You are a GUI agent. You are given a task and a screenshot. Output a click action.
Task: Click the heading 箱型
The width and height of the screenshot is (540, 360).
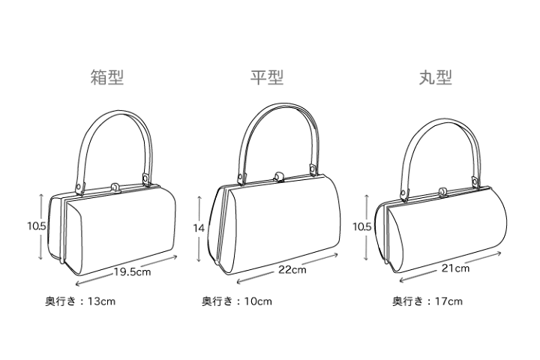(107, 77)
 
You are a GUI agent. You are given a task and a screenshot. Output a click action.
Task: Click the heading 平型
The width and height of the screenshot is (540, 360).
(267, 77)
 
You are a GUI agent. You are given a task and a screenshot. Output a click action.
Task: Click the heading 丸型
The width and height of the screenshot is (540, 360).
(435, 77)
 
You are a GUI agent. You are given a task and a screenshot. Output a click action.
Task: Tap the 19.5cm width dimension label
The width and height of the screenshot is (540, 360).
(133, 271)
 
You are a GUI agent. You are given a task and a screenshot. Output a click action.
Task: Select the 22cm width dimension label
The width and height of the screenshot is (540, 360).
(292, 269)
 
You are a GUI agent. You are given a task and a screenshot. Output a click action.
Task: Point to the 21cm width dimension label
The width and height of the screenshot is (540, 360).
(455, 268)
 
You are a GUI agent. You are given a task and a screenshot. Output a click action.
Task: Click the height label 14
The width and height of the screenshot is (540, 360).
(199, 228)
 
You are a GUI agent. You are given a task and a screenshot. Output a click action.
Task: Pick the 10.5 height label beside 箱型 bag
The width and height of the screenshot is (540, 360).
(37, 226)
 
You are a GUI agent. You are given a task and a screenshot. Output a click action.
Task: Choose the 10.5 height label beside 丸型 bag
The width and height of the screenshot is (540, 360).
(362, 226)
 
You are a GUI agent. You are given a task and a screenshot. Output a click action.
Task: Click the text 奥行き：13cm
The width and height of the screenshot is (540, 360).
(80, 301)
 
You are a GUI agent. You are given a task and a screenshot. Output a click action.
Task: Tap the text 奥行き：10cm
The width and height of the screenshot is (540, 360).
(237, 301)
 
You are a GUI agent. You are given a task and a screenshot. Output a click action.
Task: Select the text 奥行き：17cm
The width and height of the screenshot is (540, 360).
(427, 301)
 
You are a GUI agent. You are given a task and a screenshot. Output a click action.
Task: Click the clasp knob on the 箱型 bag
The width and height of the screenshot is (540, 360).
(115, 187)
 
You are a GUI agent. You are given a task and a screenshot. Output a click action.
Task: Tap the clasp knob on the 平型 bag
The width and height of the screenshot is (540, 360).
(278, 177)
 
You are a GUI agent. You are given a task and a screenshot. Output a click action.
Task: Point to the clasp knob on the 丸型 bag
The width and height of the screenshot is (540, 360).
(442, 191)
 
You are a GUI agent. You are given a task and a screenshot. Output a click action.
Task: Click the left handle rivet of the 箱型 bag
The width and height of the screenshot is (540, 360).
(79, 186)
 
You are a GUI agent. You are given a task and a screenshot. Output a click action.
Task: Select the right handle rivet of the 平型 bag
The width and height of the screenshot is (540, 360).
(312, 169)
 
